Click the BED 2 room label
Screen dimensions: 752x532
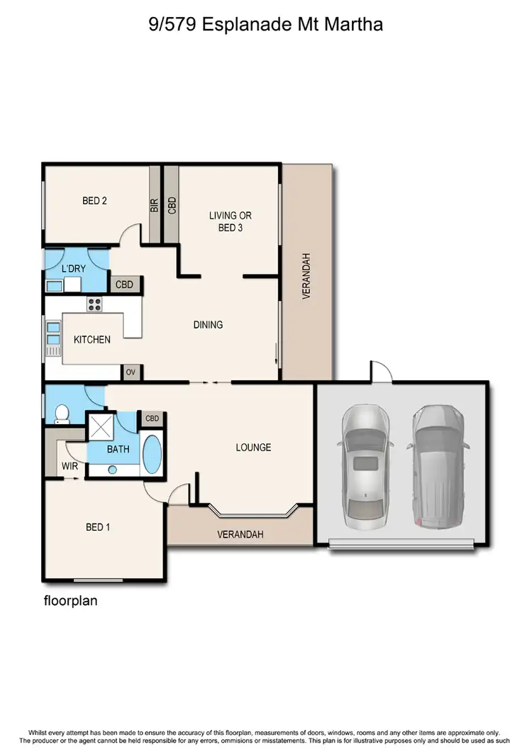pos(94,201)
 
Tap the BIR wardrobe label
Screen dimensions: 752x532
pos(154,206)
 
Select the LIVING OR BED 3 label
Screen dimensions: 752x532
pos(230,221)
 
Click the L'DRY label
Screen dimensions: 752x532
pos(74,269)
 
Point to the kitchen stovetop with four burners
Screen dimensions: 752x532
pos(96,304)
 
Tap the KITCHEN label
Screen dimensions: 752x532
pos(92,340)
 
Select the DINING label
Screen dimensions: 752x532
pos(208,325)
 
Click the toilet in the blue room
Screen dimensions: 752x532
pos(61,414)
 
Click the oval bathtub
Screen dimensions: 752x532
pos(153,455)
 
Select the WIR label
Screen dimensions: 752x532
pos(70,466)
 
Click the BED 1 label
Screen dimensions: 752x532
pos(97,527)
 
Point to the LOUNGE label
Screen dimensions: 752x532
pos(253,448)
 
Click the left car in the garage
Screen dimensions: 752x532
pos(365,467)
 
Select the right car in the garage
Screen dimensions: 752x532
pos(437,467)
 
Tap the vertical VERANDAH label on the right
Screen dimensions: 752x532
pos(307,276)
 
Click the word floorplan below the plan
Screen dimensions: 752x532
pos(70,601)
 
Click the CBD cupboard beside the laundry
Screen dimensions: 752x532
pos(128,284)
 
